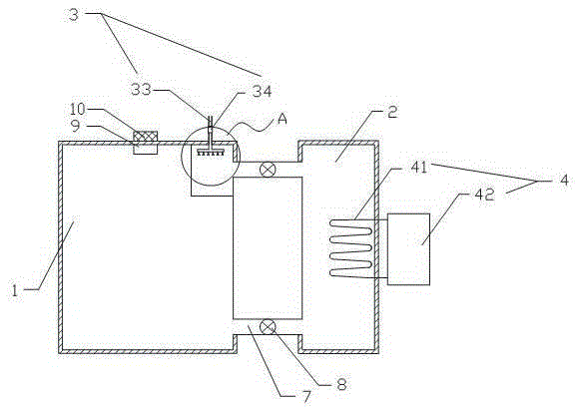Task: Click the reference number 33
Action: pos(141,89)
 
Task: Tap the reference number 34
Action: pos(262,91)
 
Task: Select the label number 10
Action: pos(78,109)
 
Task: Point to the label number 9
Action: pos(75,126)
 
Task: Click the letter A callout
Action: pos(283,119)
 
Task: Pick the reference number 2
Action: pos(392,113)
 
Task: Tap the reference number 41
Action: pos(419,168)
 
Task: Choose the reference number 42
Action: pos(484,195)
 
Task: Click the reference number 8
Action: pos(341,384)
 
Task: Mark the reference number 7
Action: pos(306,397)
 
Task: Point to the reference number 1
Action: pos(15,291)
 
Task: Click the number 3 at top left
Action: pos(74,15)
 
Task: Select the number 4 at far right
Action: pos(564,181)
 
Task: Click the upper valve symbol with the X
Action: pos(268,170)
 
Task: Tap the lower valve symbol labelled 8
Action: pos(268,326)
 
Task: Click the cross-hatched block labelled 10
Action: pos(146,136)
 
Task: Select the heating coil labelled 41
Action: pos(351,247)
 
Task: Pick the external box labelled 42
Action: pos(408,249)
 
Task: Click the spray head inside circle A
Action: pos(211,153)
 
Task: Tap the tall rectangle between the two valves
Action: pos(268,247)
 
